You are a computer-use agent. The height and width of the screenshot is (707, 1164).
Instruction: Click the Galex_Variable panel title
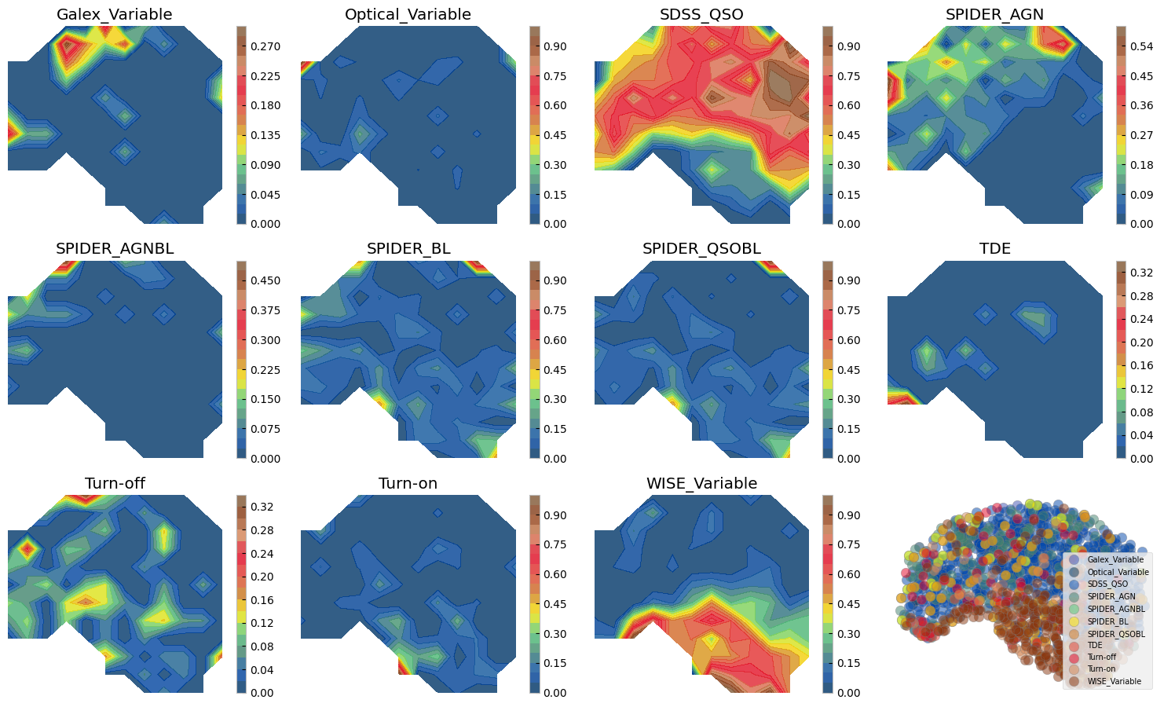pyautogui.click(x=115, y=14)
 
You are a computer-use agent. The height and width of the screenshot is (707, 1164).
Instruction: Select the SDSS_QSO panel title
pyautogui.click(x=701, y=14)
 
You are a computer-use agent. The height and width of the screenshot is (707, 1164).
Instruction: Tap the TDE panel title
pyautogui.click(x=994, y=249)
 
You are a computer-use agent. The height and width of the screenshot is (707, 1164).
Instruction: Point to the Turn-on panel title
pyautogui.click(x=408, y=483)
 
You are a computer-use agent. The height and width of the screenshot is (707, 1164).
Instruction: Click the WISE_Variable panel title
pyautogui.click(x=701, y=483)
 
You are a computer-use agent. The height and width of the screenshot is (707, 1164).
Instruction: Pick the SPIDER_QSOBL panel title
pyautogui.click(x=701, y=249)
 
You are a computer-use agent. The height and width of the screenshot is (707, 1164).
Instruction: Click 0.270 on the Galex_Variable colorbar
pyautogui.click(x=265, y=47)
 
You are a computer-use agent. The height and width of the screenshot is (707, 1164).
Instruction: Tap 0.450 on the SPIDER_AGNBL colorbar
pyautogui.click(x=265, y=281)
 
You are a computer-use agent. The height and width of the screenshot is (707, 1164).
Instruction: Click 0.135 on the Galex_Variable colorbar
pyautogui.click(x=265, y=135)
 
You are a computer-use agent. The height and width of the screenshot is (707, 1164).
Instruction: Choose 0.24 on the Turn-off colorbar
pyautogui.click(x=262, y=554)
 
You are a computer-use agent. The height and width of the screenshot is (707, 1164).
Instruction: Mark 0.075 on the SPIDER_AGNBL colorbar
pyautogui.click(x=265, y=429)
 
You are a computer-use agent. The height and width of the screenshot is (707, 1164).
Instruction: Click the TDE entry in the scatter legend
pyautogui.click(x=1095, y=645)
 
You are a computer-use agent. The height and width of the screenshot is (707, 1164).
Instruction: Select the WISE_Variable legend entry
pyautogui.click(x=1114, y=681)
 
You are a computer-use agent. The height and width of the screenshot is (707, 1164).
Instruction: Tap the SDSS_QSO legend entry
pyautogui.click(x=1107, y=584)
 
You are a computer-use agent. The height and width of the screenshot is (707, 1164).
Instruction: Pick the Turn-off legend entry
pyautogui.click(x=1101, y=657)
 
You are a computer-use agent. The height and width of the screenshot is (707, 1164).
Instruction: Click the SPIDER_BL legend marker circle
pyautogui.click(x=1074, y=621)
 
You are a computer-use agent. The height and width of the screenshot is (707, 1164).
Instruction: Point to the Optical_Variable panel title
pyautogui.click(x=408, y=14)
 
